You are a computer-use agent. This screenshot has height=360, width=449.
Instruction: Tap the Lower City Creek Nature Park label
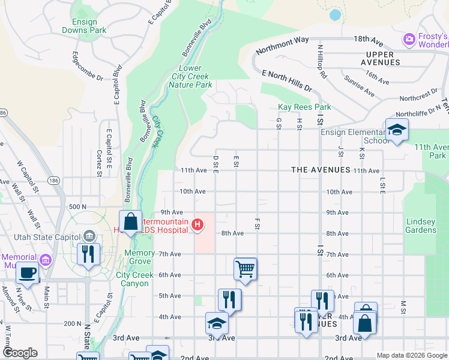pyautogui.click(x=190, y=77)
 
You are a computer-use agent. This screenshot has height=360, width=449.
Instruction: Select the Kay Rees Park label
pyautogui.click(x=304, y=107)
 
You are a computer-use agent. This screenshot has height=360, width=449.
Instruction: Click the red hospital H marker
pyautogui.click(x=197, y=226)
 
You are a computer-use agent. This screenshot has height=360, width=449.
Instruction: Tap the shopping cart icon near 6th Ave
pyautogui.click(x=245, y=269)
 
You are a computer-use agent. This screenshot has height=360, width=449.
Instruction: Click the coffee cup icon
pyautogui.click(x=28, y=273)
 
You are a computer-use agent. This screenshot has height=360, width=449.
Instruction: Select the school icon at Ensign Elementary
pyautogui.click(x=397, y=130)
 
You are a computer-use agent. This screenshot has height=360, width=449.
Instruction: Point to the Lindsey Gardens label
pyautogui.click(x=421, y=226)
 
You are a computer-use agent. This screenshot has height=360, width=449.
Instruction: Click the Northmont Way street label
pyautogui.click(x=282, y=46)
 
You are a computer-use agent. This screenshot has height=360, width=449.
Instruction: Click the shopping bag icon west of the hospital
pyautogui.click(x=130, y=223)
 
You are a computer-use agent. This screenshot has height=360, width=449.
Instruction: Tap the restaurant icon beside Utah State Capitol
pyautogui.click(x=88, y=253)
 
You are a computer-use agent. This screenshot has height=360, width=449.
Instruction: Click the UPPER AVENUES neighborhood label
pyautogui.click(x=380, y=58)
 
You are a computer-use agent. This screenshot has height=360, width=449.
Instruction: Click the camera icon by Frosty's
pyautogui.click(x=409, y=40)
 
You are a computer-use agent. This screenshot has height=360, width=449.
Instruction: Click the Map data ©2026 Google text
pyautogui.click(x=411, y=355)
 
